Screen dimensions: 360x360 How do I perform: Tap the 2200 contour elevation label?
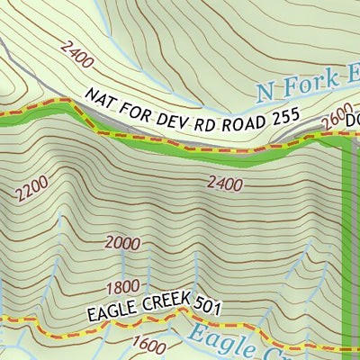[x=32, y=188]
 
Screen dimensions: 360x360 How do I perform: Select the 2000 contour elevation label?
[x=122, y=241]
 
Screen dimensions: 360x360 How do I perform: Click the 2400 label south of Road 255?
[x=225, y=184]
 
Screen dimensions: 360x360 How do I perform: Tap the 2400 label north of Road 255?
[x=79, y=59]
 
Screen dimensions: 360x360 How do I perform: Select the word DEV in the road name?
[x=167, y=114]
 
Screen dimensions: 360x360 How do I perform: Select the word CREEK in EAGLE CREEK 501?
[x=160, y=308]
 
